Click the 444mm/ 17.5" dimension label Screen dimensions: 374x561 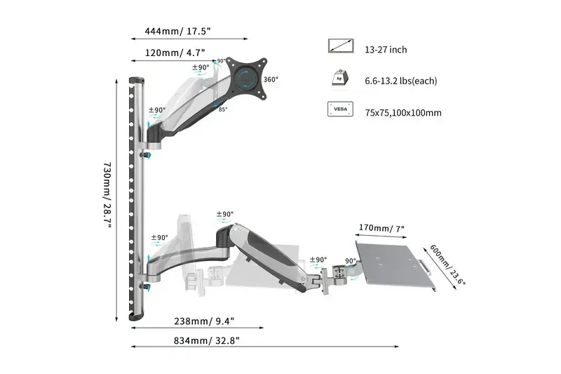click(x=178, y=31)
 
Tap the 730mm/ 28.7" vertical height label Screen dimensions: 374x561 click(x=107, y=199)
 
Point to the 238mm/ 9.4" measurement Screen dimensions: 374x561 click(x=204, y=321)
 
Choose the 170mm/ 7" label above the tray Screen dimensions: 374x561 click(x=381, y=228)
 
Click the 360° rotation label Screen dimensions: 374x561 click(x=271, y=79)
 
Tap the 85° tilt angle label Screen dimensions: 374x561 click(x=222, y=109)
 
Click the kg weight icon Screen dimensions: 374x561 click(x=340, y=79)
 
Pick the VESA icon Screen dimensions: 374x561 click(x=340, y=110)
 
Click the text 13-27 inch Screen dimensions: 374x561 click(x=386, y=50)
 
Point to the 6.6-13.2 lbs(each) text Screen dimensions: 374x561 click(x=400, y=81)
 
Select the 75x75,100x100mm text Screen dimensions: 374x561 click(x=403, y=113)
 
